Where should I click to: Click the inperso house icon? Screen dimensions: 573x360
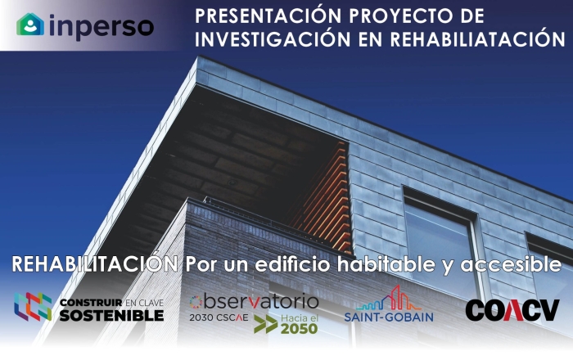coord(30,25)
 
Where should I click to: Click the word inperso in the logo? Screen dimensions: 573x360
coord(102,26)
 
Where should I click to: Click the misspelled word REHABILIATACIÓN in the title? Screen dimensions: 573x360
coord(477,39)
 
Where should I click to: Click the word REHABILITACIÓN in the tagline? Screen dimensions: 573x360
coord(95,263)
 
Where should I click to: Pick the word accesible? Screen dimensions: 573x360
coord(511,264)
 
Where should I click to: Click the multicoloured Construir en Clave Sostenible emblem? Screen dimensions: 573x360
coord(33,307)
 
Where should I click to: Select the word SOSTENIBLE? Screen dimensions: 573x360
coord(111,316)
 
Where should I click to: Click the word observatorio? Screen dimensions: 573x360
coord(254,302)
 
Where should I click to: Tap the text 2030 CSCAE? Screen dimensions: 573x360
coord(219,317)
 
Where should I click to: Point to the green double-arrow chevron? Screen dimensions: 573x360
coord(266,324)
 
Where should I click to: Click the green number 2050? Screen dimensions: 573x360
coord(300,329)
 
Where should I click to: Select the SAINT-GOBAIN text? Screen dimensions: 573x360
coord(389,317)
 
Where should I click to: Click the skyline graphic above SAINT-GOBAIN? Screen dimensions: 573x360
coord(388,298)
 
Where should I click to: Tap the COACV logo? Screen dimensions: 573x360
coord(512,310)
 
